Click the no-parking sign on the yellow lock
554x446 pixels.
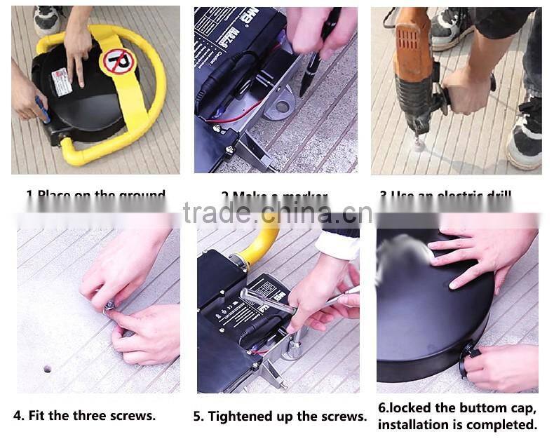(x=116, y=62)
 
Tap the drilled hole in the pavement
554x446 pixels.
(x=47, y=368)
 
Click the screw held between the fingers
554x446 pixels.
(x=110, y=306)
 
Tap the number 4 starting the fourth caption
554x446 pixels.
(x=20, y=415)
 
